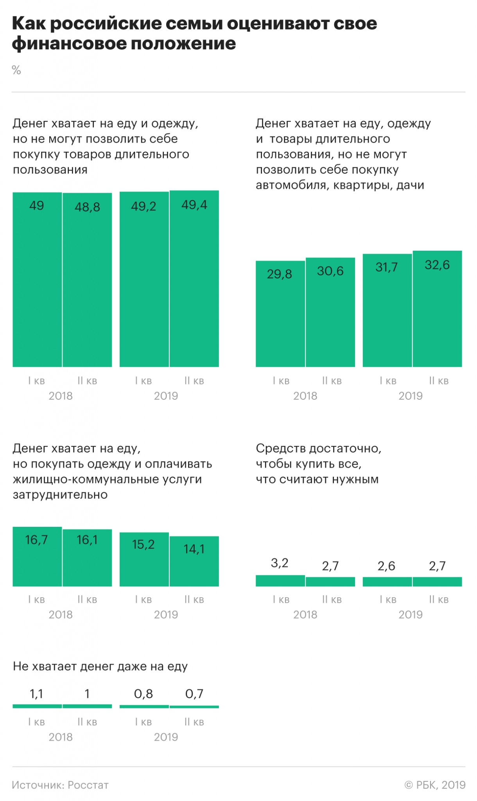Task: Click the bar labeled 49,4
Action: (194, 278)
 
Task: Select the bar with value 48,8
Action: (87, 280)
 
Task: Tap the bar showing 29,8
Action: (280, 314)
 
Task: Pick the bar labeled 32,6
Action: (437, 309)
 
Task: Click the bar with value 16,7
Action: (37, 557)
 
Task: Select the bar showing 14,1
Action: (194, 561)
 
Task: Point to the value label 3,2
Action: (280, 563)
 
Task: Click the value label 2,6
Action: (386, 566)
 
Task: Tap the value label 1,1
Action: (36, 694)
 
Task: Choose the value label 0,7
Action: (194, 694)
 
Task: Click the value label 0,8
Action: (143, 694)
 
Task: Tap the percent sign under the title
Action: (16, 70)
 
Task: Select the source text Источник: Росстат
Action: (60, 785)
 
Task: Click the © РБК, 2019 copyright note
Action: (435, 785)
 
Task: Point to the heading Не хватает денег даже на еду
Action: (100, 666)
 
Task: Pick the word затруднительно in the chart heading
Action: (60, 494)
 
